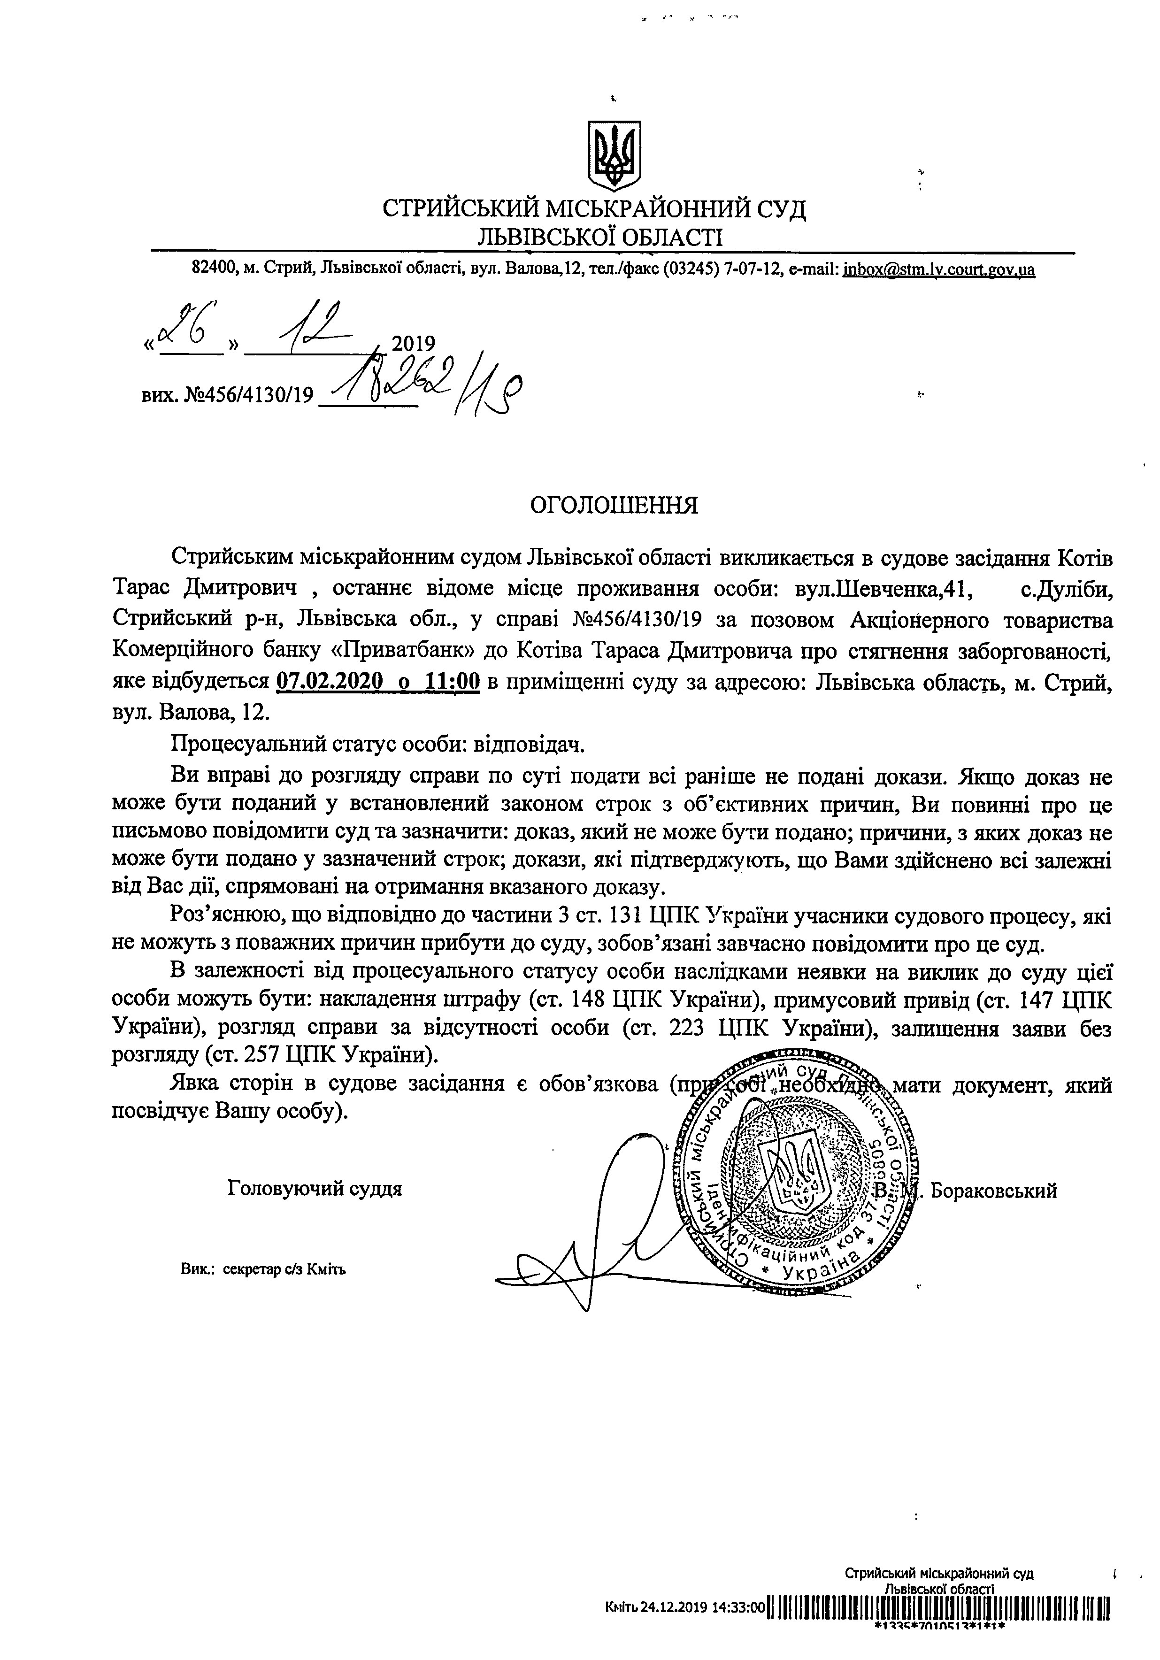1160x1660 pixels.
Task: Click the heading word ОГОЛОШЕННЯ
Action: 614,505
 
